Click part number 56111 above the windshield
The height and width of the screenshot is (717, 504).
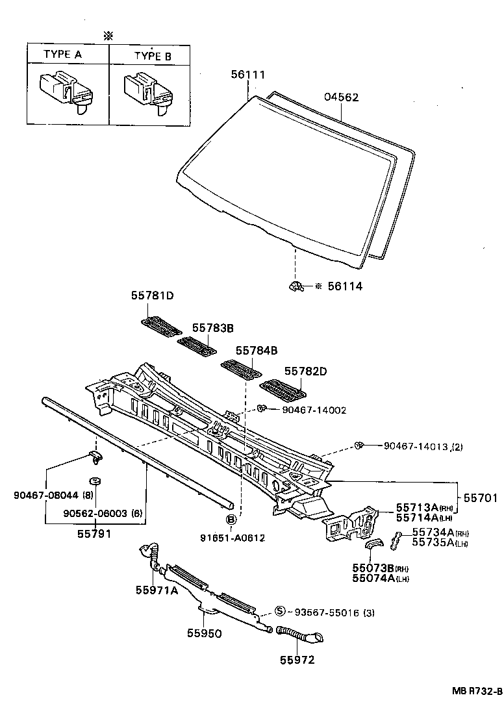tap(248, 75)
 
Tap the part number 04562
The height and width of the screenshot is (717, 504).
tap(341, 97)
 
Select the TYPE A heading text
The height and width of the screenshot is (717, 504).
tap(62, 55)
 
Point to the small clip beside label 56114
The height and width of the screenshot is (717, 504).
tap(296, 286)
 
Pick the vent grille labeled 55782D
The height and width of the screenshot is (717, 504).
tap(282, 391)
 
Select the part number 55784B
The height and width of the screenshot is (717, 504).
tap(257, 350)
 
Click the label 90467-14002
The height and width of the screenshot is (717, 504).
tap(314, 410)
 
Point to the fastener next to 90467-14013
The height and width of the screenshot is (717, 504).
tap(359, 446)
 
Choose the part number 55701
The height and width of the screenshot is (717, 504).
tap(481, 498)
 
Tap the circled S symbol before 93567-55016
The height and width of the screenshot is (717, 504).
tap(281, 611)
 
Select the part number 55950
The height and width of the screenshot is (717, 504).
tap(205, 633)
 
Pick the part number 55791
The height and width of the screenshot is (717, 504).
tap(94, 534)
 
